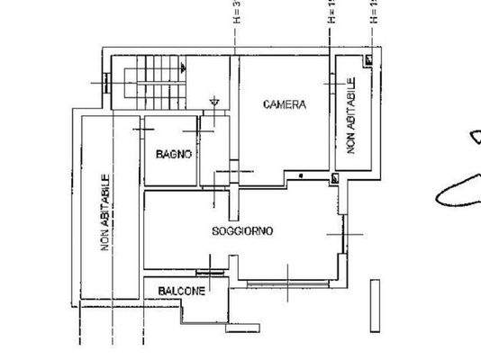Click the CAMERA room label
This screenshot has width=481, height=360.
click(x=284, y=105)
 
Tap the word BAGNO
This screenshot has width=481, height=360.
click(x=173, y=154)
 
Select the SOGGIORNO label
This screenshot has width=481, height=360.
click(x=242, y=231)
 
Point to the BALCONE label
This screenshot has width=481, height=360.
click(x=181, y=291)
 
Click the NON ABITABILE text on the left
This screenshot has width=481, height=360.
click(x=105, y=212)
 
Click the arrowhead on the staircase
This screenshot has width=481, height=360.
click(x=183, y=67)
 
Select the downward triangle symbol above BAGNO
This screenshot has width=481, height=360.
click(x=213, y=102)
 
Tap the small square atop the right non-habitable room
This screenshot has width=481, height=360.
click(x=369, y=59)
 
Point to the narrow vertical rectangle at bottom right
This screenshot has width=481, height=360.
click(x=375, y=305)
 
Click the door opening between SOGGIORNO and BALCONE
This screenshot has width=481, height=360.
click(x=209, y=272)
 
